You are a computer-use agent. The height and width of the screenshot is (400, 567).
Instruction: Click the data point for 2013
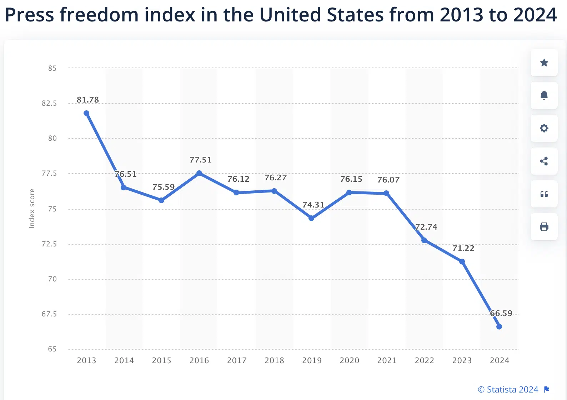86,113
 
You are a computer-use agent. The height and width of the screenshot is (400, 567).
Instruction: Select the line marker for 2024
499,326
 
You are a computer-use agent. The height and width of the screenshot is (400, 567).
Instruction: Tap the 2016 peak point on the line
199,173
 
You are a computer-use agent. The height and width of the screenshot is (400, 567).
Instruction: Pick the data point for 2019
311,218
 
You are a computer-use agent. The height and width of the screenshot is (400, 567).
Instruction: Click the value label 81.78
87,100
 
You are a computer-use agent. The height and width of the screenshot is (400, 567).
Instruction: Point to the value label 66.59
501,313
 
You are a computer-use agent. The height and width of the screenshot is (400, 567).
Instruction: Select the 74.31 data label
313,205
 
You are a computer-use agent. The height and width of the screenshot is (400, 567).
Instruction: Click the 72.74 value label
426,227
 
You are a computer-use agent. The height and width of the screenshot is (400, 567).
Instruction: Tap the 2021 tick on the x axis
387,360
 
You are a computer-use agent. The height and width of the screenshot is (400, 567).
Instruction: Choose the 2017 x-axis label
237,360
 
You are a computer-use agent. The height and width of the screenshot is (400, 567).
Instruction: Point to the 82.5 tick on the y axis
49,103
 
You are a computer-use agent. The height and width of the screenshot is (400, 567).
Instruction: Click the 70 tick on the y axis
52,279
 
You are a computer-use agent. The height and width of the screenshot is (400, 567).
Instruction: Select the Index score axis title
32,209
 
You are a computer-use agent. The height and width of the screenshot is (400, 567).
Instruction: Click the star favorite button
544,63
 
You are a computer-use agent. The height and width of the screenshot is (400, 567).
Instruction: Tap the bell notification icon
544,95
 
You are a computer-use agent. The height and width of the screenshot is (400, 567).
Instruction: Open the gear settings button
544,128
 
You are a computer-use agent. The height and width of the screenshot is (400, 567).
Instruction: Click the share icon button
544,161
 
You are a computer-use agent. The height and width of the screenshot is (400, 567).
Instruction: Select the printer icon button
544,227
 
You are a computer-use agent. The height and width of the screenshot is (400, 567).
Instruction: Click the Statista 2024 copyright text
508,389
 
